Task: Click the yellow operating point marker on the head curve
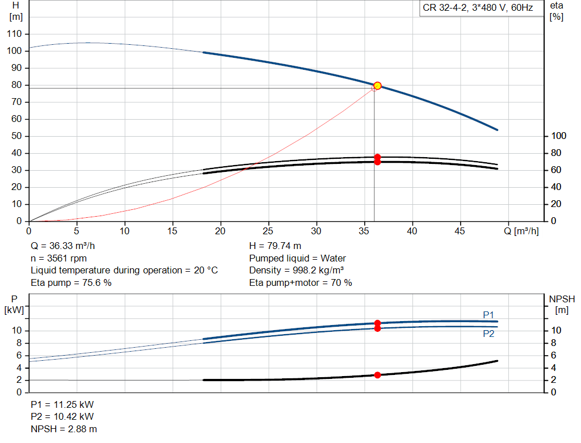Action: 377,86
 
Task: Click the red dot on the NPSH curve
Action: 377,375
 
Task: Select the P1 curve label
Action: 489,315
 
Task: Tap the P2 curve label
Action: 489,334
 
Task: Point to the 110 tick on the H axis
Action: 14,33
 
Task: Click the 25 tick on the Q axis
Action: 268,231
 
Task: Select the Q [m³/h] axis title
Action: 521,231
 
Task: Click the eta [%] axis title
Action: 556,11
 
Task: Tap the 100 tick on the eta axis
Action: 559,136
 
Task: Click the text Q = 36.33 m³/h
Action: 62,246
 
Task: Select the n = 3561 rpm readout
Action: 58,258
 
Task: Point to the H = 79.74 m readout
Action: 275,246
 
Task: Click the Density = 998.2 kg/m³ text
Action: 296,271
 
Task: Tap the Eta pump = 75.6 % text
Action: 71,282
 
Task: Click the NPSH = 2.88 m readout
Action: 64,429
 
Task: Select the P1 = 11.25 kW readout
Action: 62,404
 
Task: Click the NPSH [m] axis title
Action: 562,305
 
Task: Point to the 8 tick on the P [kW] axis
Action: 19,343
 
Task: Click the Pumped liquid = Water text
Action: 297,258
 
